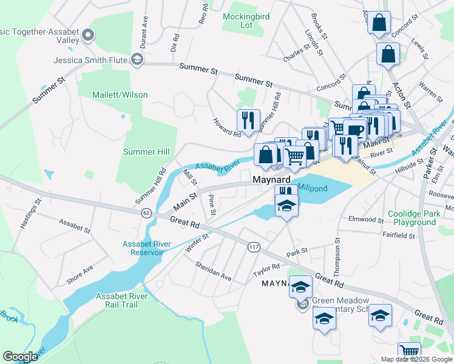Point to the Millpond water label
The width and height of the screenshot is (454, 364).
click(x=313, y=189)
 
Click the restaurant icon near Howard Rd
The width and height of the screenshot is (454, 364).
click(x=248, y=120)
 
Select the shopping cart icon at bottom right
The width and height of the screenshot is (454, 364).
click(x=410, y=352)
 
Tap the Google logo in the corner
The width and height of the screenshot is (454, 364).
click(x=21, y=357)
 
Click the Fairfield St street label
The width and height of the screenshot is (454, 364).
click(x=398, y=234)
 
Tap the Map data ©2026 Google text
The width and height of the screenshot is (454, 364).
click(x=416, y=359)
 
